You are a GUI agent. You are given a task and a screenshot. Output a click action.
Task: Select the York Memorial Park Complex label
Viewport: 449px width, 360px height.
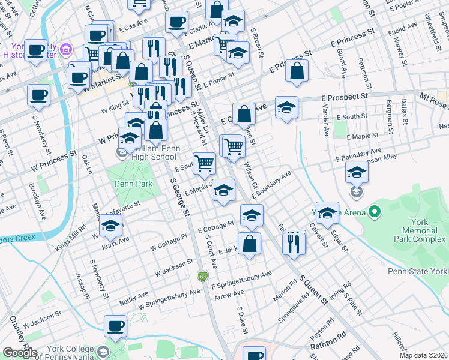tap(420, 230)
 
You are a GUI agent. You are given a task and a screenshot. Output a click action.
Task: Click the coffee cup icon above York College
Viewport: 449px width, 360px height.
tap(116, 326)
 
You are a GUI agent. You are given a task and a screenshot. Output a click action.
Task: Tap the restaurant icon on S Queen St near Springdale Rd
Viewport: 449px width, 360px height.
tap(294, 243)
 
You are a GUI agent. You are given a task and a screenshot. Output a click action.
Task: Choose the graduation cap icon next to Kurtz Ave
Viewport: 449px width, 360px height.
tap(110, 226)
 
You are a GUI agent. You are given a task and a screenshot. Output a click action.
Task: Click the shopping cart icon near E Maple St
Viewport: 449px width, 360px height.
tap(205, 162)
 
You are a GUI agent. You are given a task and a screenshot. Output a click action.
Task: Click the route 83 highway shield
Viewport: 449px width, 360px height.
tap(203, 275)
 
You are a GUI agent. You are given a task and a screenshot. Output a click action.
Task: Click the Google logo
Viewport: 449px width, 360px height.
tap(19, 353)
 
